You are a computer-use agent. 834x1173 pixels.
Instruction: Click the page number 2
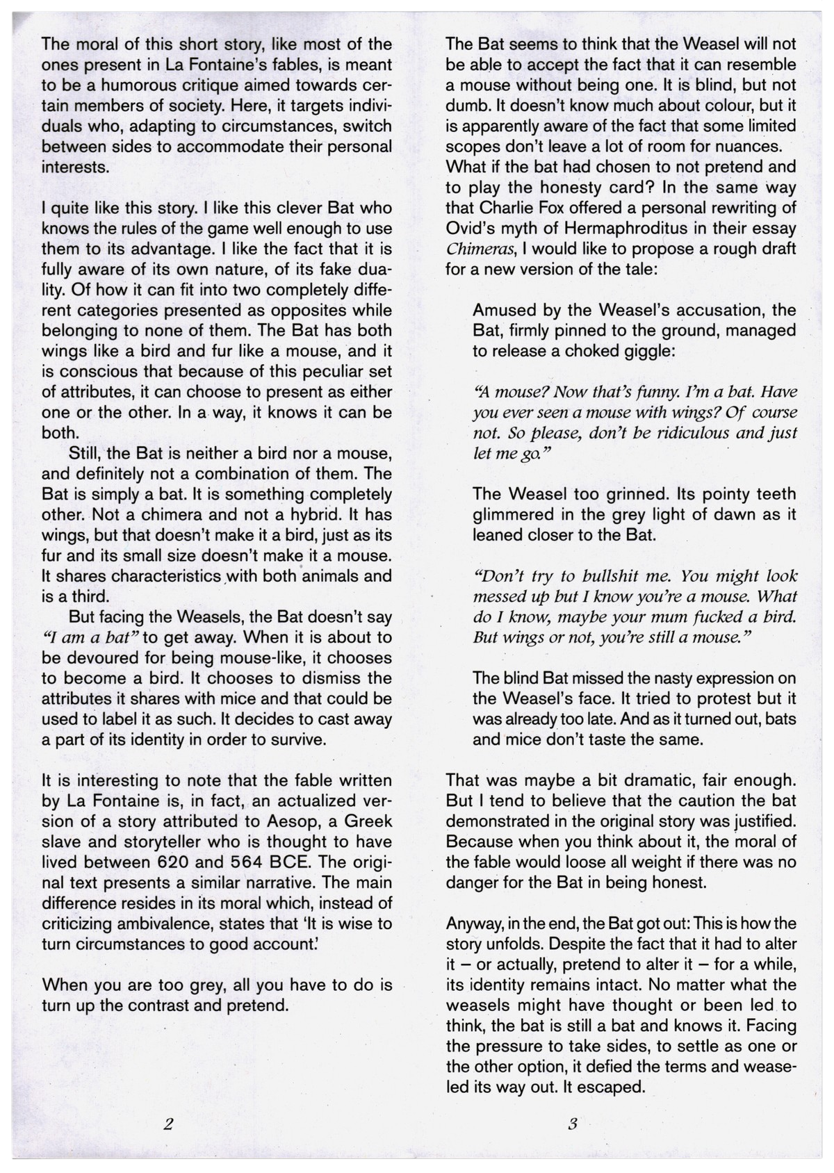tap(167, 1142)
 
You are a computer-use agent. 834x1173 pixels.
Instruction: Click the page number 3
tap(572, 1142)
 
